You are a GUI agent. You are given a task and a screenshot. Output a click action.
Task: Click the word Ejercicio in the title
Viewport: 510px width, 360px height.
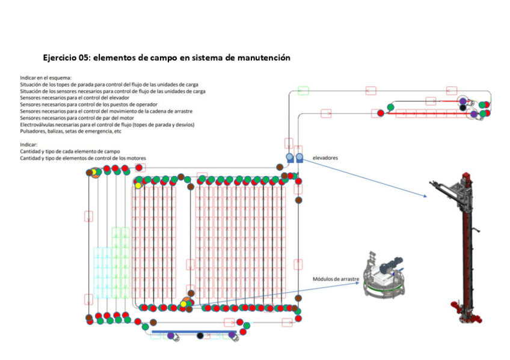[60, 58]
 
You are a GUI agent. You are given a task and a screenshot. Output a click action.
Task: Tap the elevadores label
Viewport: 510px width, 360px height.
[325, 158]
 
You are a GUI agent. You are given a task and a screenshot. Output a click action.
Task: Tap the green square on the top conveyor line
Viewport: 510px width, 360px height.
[303, 91]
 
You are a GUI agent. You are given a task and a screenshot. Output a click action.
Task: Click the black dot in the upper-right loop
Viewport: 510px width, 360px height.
[462, 108]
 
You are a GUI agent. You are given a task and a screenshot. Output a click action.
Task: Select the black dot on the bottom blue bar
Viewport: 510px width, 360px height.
[200, 335]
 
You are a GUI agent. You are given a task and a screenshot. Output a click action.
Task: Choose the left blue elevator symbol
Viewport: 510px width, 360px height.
[290, 157]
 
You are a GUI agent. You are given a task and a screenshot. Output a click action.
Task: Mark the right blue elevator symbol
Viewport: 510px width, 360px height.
[299, 157]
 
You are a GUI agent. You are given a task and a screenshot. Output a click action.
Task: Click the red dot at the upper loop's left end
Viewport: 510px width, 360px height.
[381, 112]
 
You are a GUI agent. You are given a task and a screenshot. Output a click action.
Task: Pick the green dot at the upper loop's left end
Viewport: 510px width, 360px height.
[390, 108]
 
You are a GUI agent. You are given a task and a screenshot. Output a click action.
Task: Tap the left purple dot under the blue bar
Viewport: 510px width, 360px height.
[170, 335]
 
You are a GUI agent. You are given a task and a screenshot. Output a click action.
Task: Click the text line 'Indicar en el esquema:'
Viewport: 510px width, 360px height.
[46, 78]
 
